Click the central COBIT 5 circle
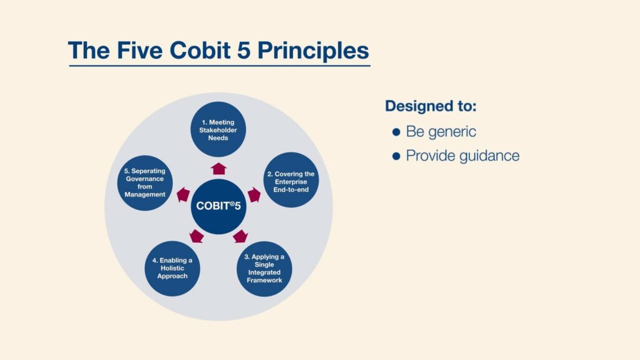218,206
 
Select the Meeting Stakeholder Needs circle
218,129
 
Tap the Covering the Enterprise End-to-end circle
291,180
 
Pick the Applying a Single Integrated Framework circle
264,269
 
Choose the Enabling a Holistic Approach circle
172,269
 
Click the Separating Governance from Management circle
145,183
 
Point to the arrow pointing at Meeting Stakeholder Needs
219,169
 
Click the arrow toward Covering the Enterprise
254,195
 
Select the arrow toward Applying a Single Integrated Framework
241,237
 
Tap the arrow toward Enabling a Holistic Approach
197,236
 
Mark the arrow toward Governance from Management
183,195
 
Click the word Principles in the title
313,51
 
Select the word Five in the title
140,50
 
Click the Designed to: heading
431,106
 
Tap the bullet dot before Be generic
396,132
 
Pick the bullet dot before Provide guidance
396,156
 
